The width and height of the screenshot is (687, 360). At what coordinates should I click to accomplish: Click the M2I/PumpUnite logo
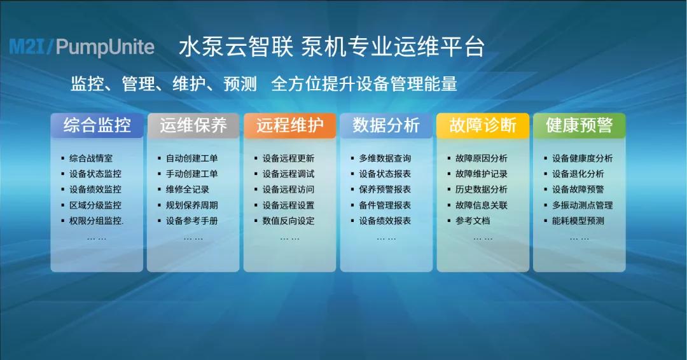click(x=82, y=47)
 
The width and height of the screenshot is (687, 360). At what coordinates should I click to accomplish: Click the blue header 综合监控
click(x=97, y=125)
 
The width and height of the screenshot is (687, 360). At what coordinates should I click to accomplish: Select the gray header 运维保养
click(x=193, y=125)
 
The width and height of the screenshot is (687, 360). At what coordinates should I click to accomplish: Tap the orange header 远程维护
click(x=289, y=125)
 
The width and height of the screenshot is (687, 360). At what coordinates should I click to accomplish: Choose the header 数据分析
click(x=386, y=125)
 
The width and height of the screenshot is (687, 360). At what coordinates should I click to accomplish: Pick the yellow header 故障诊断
click(x=483, y=125)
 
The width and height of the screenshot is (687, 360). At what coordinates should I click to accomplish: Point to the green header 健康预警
click(x=579, y=125)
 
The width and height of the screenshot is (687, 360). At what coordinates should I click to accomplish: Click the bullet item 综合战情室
click(x=91, y=158)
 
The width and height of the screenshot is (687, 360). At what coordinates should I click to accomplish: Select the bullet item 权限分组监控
click(x=96, y=221)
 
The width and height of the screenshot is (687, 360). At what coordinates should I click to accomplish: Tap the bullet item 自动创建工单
click(x=191, y=158)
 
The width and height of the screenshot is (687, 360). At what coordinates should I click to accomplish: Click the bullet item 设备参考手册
click(x=191, y=221)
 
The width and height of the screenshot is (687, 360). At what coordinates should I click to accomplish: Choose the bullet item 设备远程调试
click(x=288, y=174)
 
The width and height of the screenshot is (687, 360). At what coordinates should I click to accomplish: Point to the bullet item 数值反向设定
click(x=288, y=221)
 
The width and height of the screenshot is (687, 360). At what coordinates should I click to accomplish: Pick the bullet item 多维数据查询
click(x=385, y=158)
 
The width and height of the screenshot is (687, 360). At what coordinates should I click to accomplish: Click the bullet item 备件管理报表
click(x=385, y=205)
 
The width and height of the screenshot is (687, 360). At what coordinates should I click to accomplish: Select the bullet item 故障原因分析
click(x=482, y=158)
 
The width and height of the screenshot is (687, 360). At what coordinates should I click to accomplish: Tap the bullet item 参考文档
click(x=473, y=221)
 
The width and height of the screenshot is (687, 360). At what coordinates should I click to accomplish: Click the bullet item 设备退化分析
click(x=578, y=174)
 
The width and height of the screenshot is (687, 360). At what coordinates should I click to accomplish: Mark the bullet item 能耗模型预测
click(x=578, y=221)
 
